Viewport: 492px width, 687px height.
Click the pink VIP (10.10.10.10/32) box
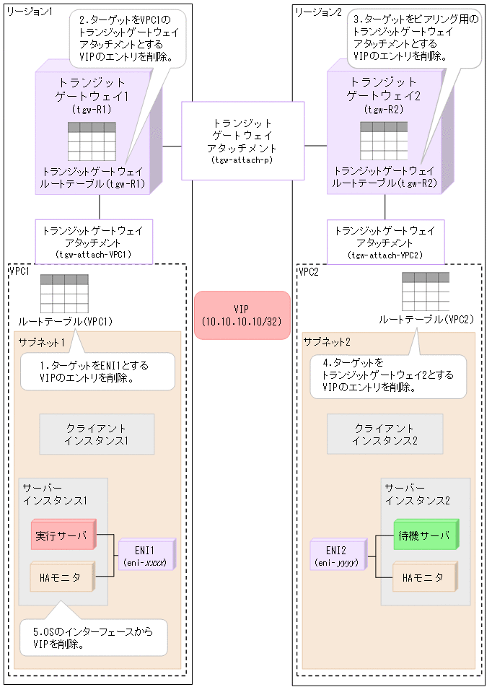(242, 315)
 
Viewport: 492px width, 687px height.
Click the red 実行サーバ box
(63, 536)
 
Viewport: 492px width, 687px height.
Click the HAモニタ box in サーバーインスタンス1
(62, 577)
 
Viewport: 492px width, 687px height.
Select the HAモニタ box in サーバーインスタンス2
(424, 578)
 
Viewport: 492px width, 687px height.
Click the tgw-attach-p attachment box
(242, 141)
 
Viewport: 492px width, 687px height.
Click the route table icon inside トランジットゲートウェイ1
(92, 141)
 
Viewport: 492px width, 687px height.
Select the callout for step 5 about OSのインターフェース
(92, 638)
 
